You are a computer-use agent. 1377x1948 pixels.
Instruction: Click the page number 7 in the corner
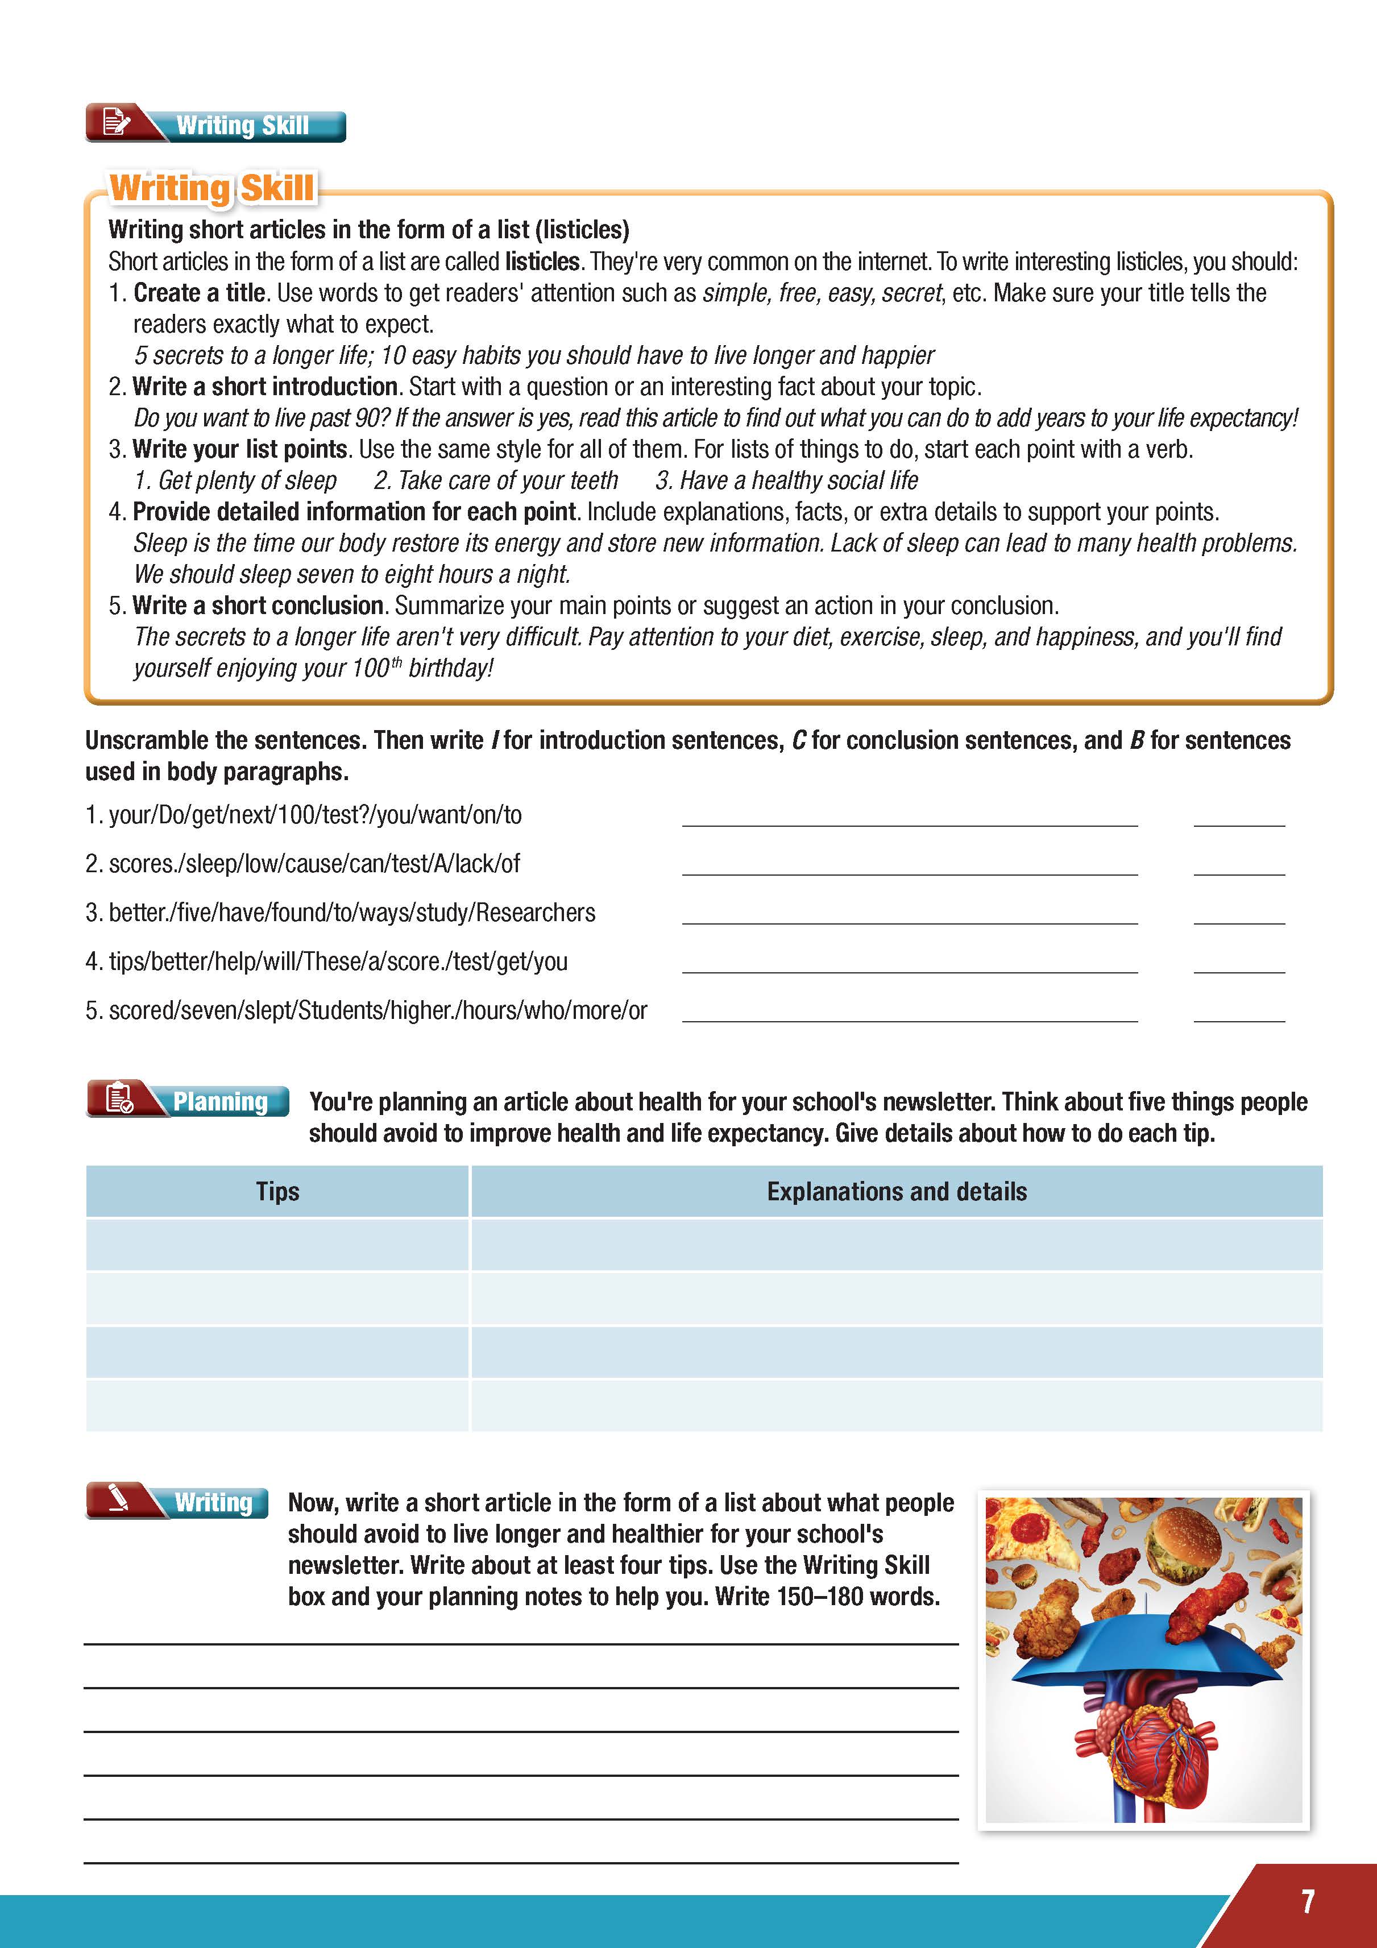(x=1308, y=1901)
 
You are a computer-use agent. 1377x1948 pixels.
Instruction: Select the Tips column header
(x=277, y=1191)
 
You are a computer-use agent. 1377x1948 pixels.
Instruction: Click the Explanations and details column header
(x=896, y=1191)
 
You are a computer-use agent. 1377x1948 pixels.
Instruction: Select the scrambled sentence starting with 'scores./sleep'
(x=314, y=864)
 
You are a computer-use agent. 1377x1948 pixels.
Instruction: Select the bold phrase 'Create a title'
(x=200, y=293)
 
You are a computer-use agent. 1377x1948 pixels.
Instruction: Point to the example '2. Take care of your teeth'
(x=496, y=480)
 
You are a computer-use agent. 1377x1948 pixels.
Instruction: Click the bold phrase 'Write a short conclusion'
(x=258, y=606)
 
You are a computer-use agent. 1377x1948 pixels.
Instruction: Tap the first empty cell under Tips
(x=277, y=1245)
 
